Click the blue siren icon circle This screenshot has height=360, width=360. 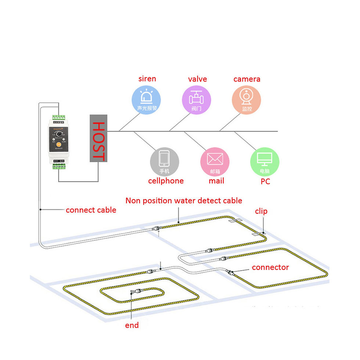pyautogui.click(x=146, y=99)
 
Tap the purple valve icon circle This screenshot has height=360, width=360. pyautogui.click(x=197, y=99)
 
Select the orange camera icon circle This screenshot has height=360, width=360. pyautogui.click(x=246, y=99)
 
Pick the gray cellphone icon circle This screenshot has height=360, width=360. pyautogui.click(x=164, y=162)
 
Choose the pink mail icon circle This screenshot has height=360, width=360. pyautogui.click(x=215, y=162)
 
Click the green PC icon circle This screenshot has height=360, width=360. pyautogui.click(x=264, y=162)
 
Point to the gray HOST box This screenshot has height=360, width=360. pyautogui.click(x=98, y=138)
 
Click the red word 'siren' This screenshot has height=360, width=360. pyautogui.click(x=147, y=79)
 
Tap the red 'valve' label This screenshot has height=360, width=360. pyautogui.click(x=197, y=79)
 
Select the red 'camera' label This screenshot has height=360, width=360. pyautogui.click(x=247, y=79)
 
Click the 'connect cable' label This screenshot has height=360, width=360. pyautogui.click(x=91, y=210)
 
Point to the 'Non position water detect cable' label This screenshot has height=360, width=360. pyautogui.click(x=184, y=201)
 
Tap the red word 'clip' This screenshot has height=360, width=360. pyautogui.click(x=261, y=211)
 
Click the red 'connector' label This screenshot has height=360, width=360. pyautogui.click(x=270, y=267)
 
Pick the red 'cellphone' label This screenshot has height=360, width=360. pyautogui.click(x=166, y=181)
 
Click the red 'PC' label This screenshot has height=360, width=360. pyautogui.click(x=265, y=181)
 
